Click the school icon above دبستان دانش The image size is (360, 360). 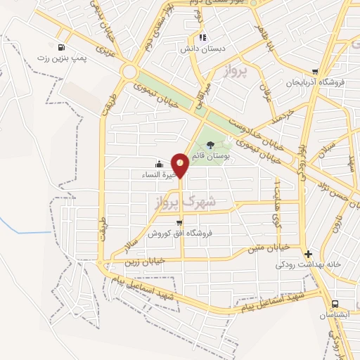202,37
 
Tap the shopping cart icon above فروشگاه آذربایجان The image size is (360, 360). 315,72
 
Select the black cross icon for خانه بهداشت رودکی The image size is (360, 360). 307,253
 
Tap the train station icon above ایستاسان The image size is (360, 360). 334,303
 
